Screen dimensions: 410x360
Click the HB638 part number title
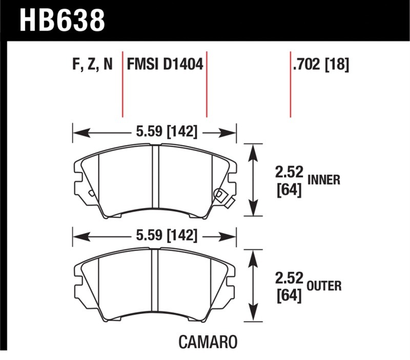[62, 21]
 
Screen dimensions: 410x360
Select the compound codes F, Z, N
[92, 64]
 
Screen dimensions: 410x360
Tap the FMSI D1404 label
[165, 64]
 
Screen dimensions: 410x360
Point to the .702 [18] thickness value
[321, 65]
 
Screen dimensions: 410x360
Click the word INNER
[324, 180]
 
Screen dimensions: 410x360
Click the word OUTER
[324, 286]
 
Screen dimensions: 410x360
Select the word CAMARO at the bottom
[208, 342]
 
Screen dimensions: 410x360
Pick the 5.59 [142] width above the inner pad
[167, 131]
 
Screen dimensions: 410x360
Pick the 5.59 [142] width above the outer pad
[167, 235]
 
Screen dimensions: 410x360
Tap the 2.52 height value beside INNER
[289, 172]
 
